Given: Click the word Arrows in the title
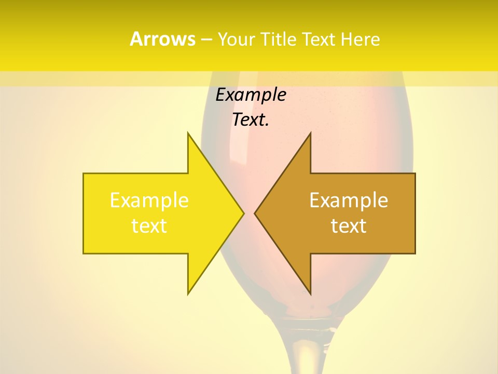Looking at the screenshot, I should [x=162, y=39].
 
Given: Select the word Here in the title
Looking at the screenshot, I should [x=360, y=39].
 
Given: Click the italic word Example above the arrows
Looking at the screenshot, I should [x=251, y=95].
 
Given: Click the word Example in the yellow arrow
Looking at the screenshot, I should [x=149, y=200].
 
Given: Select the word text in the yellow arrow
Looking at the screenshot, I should [x=149, y=226].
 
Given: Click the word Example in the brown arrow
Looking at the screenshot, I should [x=349, y=200].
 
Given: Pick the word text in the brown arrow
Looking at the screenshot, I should [x=349, y=226].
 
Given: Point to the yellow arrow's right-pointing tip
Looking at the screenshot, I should [x=243, y=213].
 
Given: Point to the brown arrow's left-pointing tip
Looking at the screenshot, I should [x=255, y=213].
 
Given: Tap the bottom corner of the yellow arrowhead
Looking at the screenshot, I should [x=188, y=293].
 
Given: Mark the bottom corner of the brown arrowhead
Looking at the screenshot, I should [x=310, y=293].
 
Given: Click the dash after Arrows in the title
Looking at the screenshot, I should [x=206, y=39].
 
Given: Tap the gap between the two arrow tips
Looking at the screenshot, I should [x=249, y=213].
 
